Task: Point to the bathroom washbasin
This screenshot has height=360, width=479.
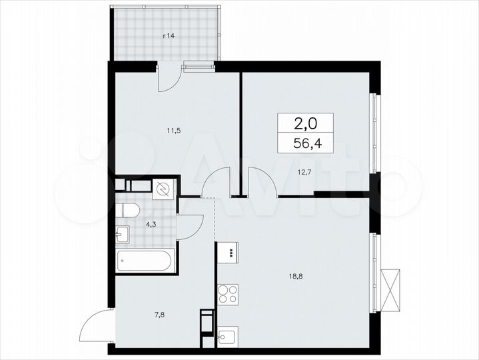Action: tap(123, 234)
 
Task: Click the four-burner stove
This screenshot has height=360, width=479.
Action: tap(227, 294)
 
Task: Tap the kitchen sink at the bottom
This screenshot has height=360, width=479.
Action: tap(227, 338)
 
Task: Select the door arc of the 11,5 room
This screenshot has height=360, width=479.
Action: tap(216, 183)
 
